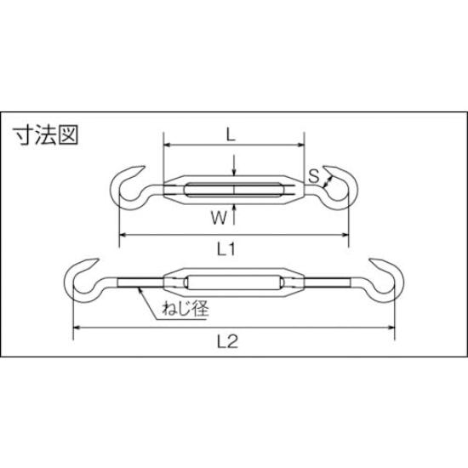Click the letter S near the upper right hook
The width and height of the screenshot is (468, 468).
[x=314, y=177]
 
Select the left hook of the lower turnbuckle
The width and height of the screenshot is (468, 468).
[x=79, y=275]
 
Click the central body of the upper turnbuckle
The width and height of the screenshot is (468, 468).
[x=232, y=188]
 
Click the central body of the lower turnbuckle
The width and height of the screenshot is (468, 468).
[x=232, y=282]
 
